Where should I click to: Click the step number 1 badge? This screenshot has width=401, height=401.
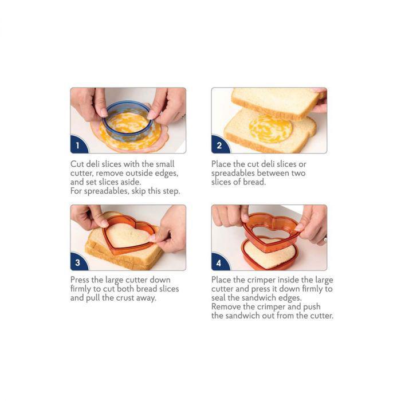click(x=78, y=146)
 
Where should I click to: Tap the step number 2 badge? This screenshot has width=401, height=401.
click(x=219, y=146)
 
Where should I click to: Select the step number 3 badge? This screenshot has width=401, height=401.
click(x=78, y=262)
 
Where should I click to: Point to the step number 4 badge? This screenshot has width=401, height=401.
click(x=219, y=262)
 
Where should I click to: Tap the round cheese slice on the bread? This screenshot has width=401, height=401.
click(x=270, y=129)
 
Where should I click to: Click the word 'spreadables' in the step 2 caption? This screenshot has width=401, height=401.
click(x=233, y=174)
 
